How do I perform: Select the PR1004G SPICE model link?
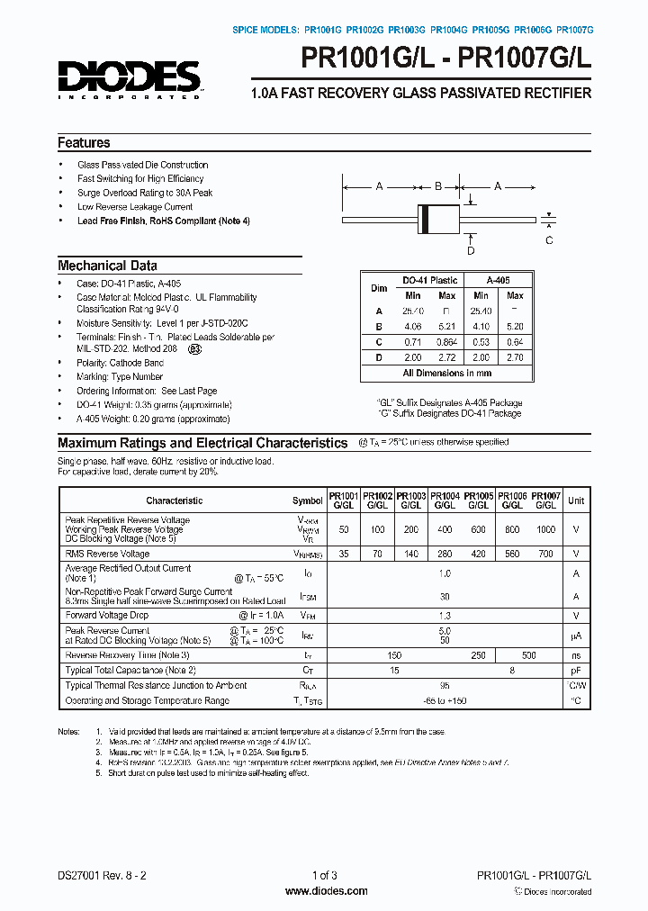[449, 30]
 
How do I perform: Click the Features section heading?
[84, 142]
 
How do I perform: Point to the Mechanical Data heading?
[107, 266]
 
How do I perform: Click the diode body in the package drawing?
[438, 216]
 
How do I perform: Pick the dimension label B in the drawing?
[438, 186]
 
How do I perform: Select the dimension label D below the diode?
[470, 250]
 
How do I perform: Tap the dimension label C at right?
[549, 239]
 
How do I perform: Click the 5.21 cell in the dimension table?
[446, 326]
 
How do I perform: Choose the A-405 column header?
[498, 280]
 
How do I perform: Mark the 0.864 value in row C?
[446, 341]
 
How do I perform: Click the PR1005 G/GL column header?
[479, 501]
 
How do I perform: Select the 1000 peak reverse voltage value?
[546, 530]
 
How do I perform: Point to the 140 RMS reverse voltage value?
[411, 555]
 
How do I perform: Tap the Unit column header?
[576, 501]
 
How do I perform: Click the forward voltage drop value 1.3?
[445, 615]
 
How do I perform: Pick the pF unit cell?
[576, 671]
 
